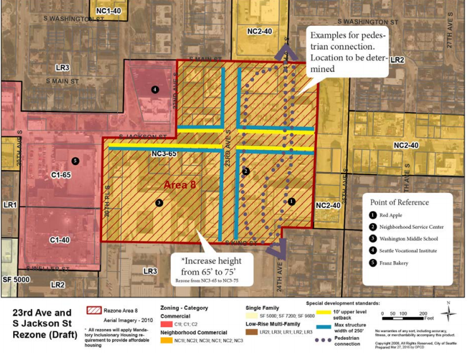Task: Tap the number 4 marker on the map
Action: (154, 89)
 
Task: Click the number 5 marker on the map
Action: (75, 161)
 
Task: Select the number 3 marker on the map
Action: (159, 202)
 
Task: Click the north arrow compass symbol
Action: (448, 310)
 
